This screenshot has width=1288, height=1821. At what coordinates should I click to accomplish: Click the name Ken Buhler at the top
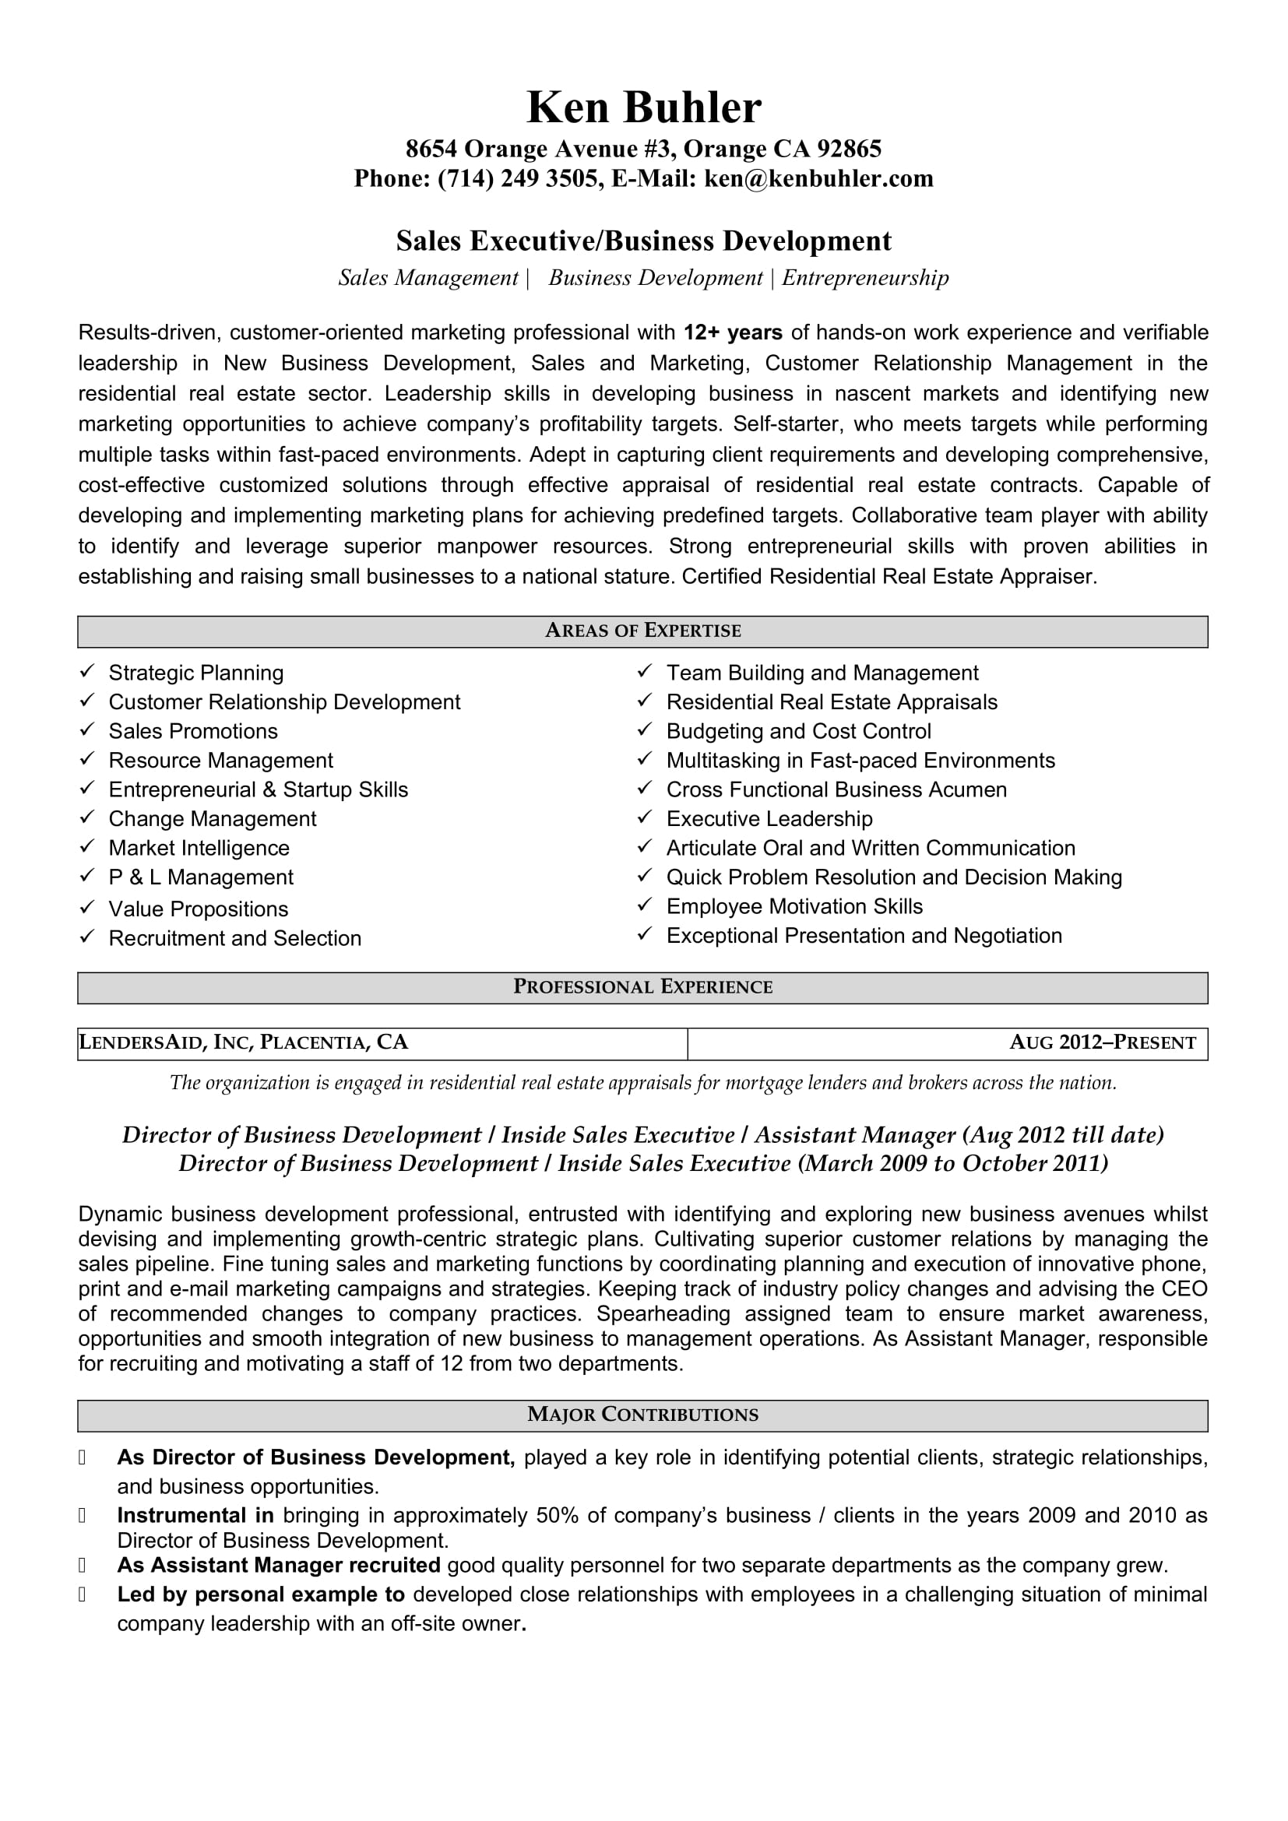pyautogui.click(x=643, y=107)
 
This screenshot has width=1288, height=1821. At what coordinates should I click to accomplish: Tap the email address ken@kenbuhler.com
pyautogui.click(x=818, y=178)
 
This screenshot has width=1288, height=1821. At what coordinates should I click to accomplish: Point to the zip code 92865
pyautogui.click(x=850, y=149)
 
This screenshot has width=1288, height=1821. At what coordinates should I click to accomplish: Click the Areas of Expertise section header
pyautogui.click(x=643, y=631)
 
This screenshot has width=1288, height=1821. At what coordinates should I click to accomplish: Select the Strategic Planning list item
pyautogui.click(x=196, y=673)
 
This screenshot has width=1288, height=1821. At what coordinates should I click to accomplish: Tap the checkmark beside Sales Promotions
pyautogui.click(x=87, y=729)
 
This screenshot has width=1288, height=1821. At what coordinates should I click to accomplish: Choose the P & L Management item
pyautogui.click(x=201, y=877)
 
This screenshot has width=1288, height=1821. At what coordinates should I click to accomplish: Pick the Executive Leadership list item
pyautogui.click(x=769, y=818)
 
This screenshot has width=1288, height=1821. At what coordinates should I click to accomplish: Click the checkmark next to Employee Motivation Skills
pyautogui.click(x=645, y=905)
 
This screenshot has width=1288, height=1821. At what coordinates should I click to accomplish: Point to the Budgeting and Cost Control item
pyautogui.click(x=799, y=731)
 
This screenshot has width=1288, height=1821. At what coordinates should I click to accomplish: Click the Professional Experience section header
pyautogui.click(x=643, y=987)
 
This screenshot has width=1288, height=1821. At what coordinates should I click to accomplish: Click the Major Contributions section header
pyautogui.click(x=643, y=1415)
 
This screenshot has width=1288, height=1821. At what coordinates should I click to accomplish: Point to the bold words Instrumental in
pyautogui.click(x=195, y=1516)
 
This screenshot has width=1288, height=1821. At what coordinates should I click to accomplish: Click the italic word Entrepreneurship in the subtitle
pyautogui.click(x=865, y=278)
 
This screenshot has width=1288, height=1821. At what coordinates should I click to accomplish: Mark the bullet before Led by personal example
pyautogui.click(x=82, y=1594)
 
